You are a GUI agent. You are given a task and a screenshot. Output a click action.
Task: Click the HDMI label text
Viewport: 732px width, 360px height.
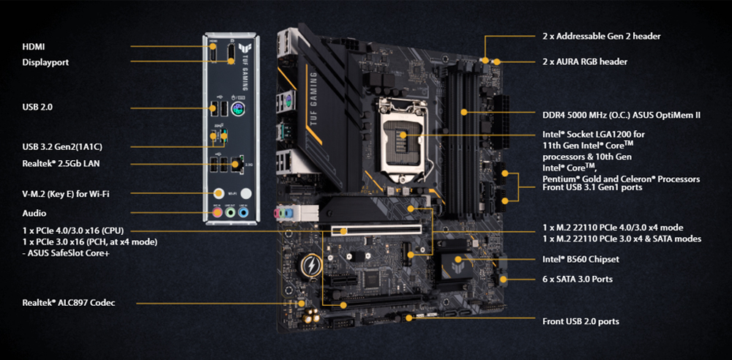tap(34, 47)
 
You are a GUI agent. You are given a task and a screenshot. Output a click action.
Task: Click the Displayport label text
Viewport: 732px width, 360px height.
tap(45, 62)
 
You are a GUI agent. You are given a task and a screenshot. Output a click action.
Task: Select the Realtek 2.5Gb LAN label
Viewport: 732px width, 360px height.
tap(61, 164)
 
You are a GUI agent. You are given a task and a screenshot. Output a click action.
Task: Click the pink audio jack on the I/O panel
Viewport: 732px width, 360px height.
tap(217, 213)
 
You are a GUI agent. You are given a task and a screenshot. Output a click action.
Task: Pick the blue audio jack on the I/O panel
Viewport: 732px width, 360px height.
tap(243, 213)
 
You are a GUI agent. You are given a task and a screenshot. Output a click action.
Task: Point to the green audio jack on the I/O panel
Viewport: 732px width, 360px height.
tap(230, 213)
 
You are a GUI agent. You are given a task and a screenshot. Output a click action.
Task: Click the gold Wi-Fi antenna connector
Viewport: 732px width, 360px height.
tap(218, 193)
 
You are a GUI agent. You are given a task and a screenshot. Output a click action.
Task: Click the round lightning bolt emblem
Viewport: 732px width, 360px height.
tap(309, 266)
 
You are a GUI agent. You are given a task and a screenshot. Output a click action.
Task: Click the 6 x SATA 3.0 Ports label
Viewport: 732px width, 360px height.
tap(578, 280)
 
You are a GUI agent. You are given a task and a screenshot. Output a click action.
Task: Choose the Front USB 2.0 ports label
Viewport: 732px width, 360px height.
tap(580, 321)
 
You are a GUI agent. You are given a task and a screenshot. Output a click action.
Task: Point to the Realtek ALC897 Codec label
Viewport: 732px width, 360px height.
tap(69, 303)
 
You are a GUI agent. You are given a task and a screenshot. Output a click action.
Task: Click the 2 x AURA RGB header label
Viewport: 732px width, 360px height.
tap(585, 61)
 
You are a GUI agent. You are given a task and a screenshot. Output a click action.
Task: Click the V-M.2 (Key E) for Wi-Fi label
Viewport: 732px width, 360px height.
tap(66, 194)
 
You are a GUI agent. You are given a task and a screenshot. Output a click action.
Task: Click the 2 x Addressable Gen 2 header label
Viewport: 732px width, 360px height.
tap(601, 37)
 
